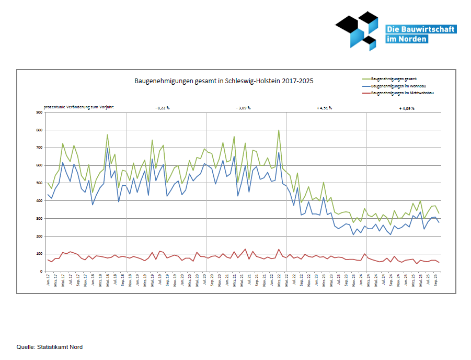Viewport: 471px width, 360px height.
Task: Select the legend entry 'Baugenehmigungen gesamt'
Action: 393,78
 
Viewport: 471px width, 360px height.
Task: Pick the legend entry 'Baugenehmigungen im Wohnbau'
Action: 397,85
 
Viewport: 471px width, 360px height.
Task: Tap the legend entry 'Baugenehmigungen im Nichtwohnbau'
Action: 403,93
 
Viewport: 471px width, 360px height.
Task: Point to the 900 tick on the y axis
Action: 39,112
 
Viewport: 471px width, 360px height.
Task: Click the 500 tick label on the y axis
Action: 39,183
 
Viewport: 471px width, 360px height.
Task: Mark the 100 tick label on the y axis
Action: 39,254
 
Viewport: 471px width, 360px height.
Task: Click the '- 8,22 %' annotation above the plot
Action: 163,108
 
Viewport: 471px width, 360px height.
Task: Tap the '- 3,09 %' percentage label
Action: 243,108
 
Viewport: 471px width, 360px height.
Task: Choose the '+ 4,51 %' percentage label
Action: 324,108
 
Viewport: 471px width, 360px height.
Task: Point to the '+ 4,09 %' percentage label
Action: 406,108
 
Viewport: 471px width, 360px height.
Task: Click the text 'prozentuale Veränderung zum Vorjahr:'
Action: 79,107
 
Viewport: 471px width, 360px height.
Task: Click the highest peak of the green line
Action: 279,130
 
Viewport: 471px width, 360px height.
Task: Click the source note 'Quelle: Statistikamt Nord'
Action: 50,347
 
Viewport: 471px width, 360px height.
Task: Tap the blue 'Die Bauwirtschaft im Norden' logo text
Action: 420,34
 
